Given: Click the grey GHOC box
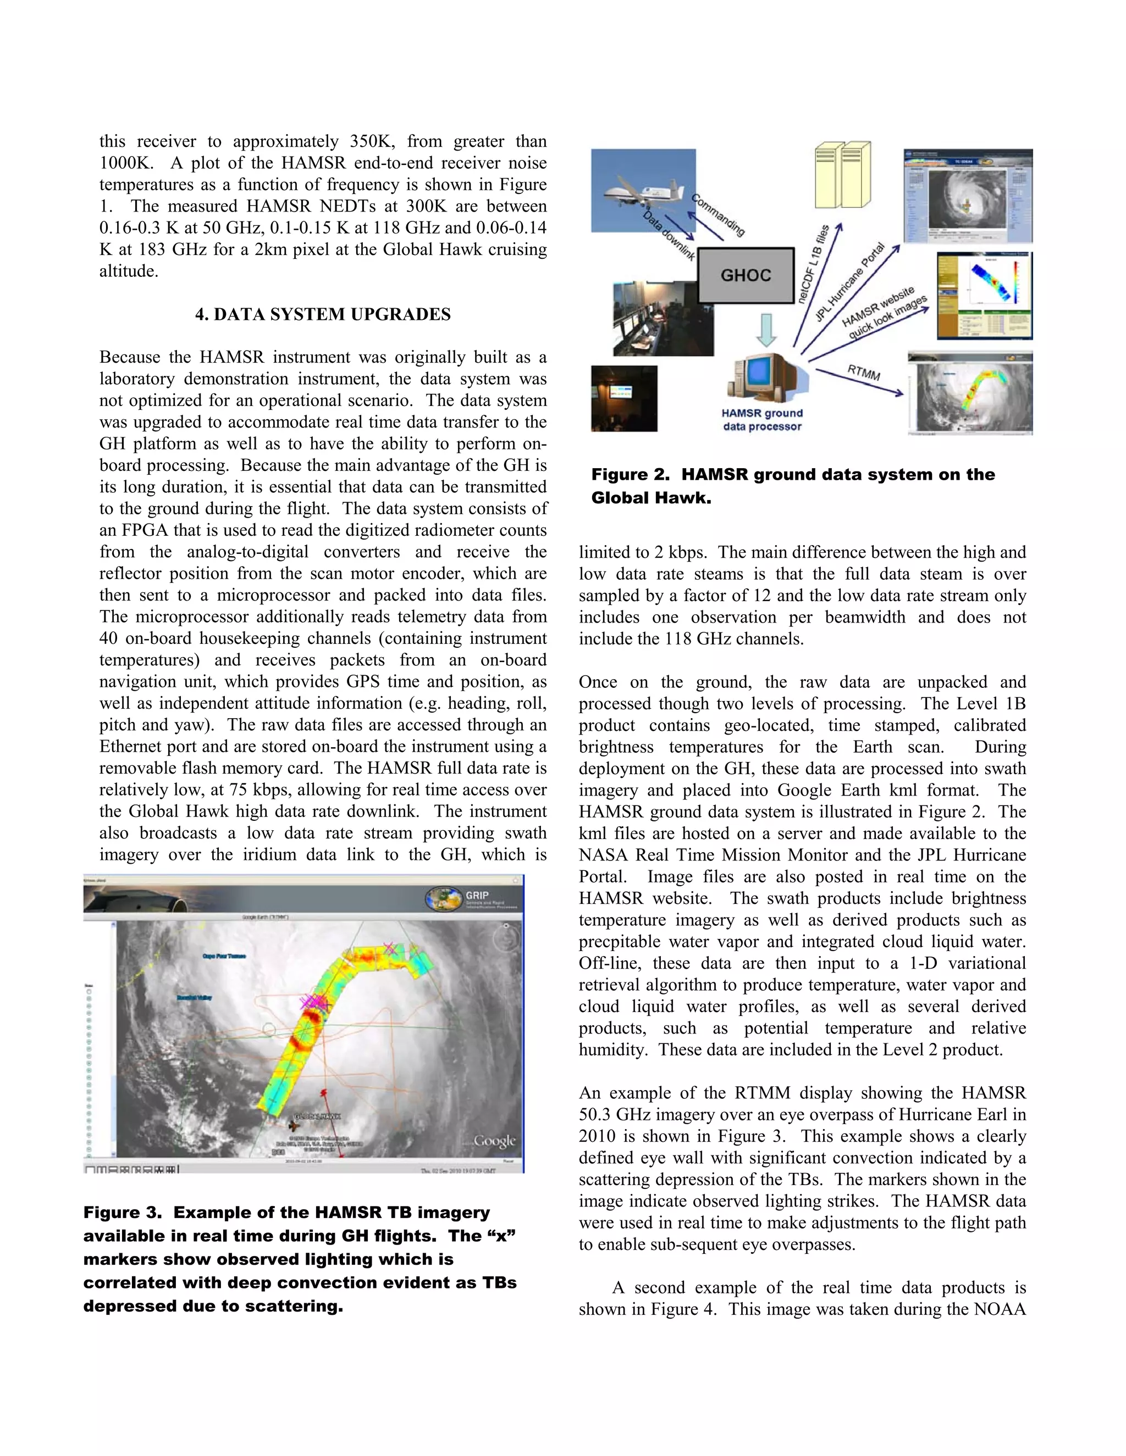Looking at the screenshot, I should point(746,275).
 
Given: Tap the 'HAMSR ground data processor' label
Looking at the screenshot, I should point(762,419).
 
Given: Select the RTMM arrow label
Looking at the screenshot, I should point(864,373).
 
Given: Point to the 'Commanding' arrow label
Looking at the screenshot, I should point(717,215).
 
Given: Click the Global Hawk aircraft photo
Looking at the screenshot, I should point(643,190).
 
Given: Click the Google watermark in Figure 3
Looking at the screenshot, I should point(494,1141).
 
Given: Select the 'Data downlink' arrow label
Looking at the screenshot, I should point(669,235).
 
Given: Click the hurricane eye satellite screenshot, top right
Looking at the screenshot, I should point(968,196).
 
